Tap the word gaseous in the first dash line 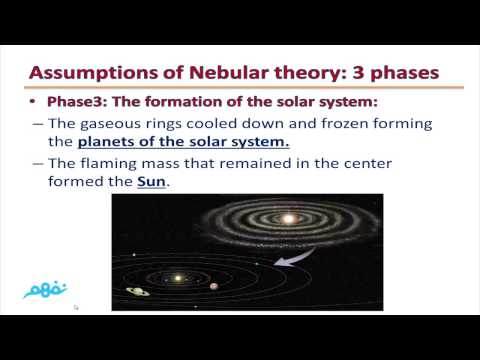[x=118, y=124]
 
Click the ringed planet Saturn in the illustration [x=138, y=291]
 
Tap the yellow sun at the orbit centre [x=180, y=278]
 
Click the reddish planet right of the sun [x=213, y=286]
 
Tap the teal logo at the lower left [x=45, y=286]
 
